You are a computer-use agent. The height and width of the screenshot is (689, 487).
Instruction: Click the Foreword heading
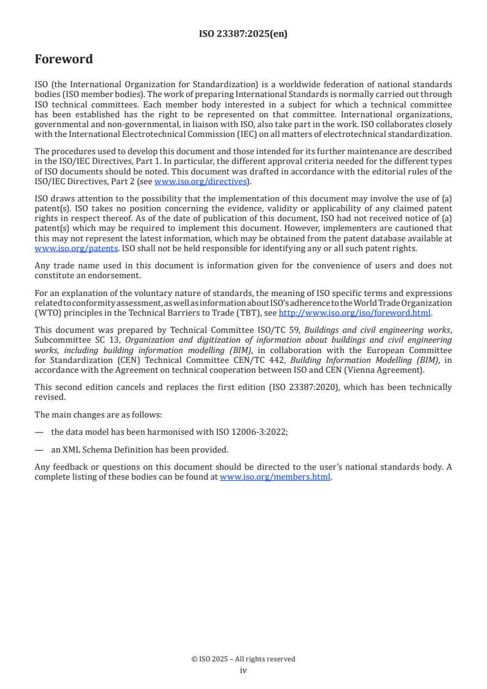coord(64,60)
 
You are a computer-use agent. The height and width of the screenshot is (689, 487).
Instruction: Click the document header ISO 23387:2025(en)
coord(243,34)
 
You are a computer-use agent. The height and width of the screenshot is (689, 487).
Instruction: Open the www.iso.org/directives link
coord(200,181)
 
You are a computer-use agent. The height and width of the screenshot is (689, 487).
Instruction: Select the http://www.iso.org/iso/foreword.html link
coord(356,312)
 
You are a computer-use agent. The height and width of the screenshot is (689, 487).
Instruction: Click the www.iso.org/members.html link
coord(275,477)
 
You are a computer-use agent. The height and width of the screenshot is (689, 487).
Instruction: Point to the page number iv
coord(243,670)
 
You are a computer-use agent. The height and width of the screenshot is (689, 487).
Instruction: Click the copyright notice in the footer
coord(243,659)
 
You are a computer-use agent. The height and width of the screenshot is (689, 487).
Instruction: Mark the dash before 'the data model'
coord(39,432)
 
